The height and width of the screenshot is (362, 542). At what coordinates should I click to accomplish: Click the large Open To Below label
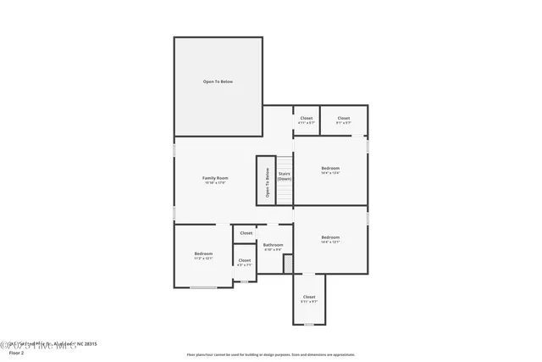(x=218, y=81)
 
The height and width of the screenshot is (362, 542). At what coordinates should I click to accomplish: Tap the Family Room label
(x=215, y=178)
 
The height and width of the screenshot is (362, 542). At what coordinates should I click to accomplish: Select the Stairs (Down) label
(x=285, y=176)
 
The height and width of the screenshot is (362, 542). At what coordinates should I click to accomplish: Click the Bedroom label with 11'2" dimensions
(x=203, y=254)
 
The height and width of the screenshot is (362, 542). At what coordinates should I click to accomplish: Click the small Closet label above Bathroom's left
(x=246, y=232)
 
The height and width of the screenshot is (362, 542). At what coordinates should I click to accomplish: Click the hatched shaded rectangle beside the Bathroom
(x=288, y=264)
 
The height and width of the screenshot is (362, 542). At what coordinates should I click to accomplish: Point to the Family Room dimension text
(x=215, y=182)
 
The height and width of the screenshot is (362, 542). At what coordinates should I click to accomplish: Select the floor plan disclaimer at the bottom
(x=270, y=354)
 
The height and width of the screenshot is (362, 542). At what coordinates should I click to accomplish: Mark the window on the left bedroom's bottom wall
(x=203, y=287)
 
